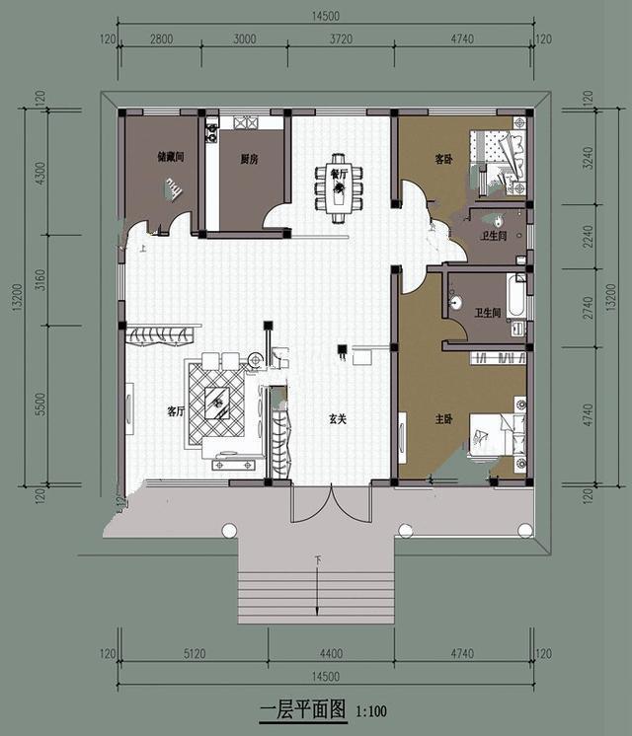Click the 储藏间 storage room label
click(171, 157)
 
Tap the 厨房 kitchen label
click(249, 159)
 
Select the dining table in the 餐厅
click(339, 184)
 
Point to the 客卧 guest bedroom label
click(444, 158)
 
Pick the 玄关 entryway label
click(338, 418)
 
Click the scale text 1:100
click(372, 710)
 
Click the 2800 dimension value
click(161, 38)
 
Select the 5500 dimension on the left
click(39, 405)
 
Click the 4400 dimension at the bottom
click(331, 653)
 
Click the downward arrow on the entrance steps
click(316, 592)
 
